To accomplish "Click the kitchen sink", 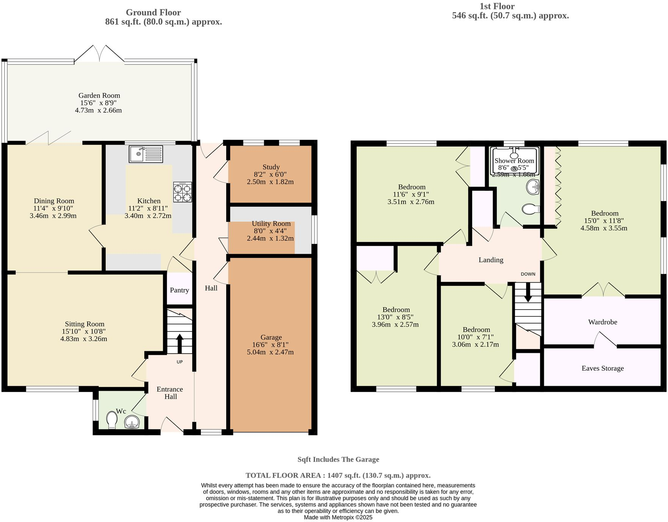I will [146, 154].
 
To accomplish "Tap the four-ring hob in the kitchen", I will [183, 192].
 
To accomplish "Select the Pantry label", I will [179, 290].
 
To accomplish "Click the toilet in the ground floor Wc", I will [112, 420].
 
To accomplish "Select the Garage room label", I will [271, 337].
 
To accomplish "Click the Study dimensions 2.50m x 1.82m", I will [270, 182].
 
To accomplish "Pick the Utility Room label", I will [271, 224].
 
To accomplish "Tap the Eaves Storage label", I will [602, 368].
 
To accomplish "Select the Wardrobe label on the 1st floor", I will [602, 322].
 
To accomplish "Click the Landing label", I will [491, 260].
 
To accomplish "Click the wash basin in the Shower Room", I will [533, 187].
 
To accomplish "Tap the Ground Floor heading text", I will [153, 13].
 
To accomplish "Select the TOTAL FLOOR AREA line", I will [338, 475].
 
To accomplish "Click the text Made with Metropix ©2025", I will [338, 517].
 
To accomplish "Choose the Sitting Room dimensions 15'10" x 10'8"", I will [84, 331].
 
